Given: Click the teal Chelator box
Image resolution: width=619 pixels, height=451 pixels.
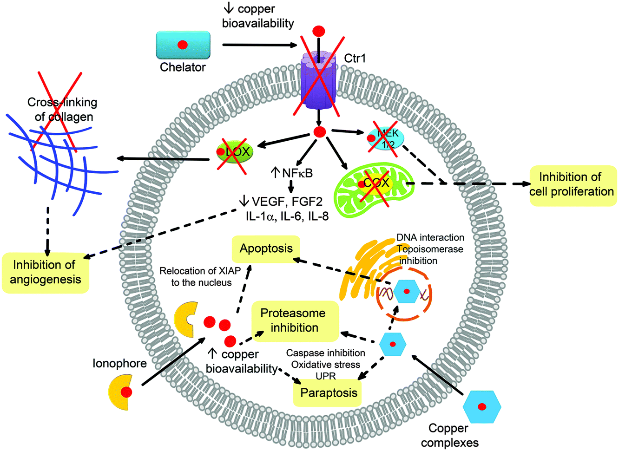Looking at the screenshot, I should [183, 45].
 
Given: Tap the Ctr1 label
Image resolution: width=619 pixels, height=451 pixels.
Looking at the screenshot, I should [355, 59].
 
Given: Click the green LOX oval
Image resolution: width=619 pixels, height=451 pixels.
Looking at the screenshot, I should [235, 151].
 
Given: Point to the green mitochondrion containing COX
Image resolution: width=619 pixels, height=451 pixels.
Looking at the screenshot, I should [370, 190].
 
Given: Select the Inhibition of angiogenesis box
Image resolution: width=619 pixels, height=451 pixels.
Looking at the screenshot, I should [45, 272].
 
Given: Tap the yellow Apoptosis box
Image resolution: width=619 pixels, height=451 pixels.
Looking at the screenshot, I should [266, 248].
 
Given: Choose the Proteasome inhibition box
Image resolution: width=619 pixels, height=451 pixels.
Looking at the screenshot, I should [295, 320].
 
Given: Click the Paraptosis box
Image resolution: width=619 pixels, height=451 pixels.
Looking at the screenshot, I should [328, 393].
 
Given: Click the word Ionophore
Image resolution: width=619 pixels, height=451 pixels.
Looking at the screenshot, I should [119, 363].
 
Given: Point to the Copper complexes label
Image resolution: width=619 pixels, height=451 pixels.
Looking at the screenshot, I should [449, 435].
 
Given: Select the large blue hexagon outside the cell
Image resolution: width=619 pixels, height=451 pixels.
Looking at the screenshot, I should [482, 407].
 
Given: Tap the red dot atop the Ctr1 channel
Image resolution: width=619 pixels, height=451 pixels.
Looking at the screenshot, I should [319, 32].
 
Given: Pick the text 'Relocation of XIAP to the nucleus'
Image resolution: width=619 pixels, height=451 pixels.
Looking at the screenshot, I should [200, 276].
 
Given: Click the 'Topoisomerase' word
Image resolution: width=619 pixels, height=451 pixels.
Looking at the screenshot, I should [430, 249].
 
